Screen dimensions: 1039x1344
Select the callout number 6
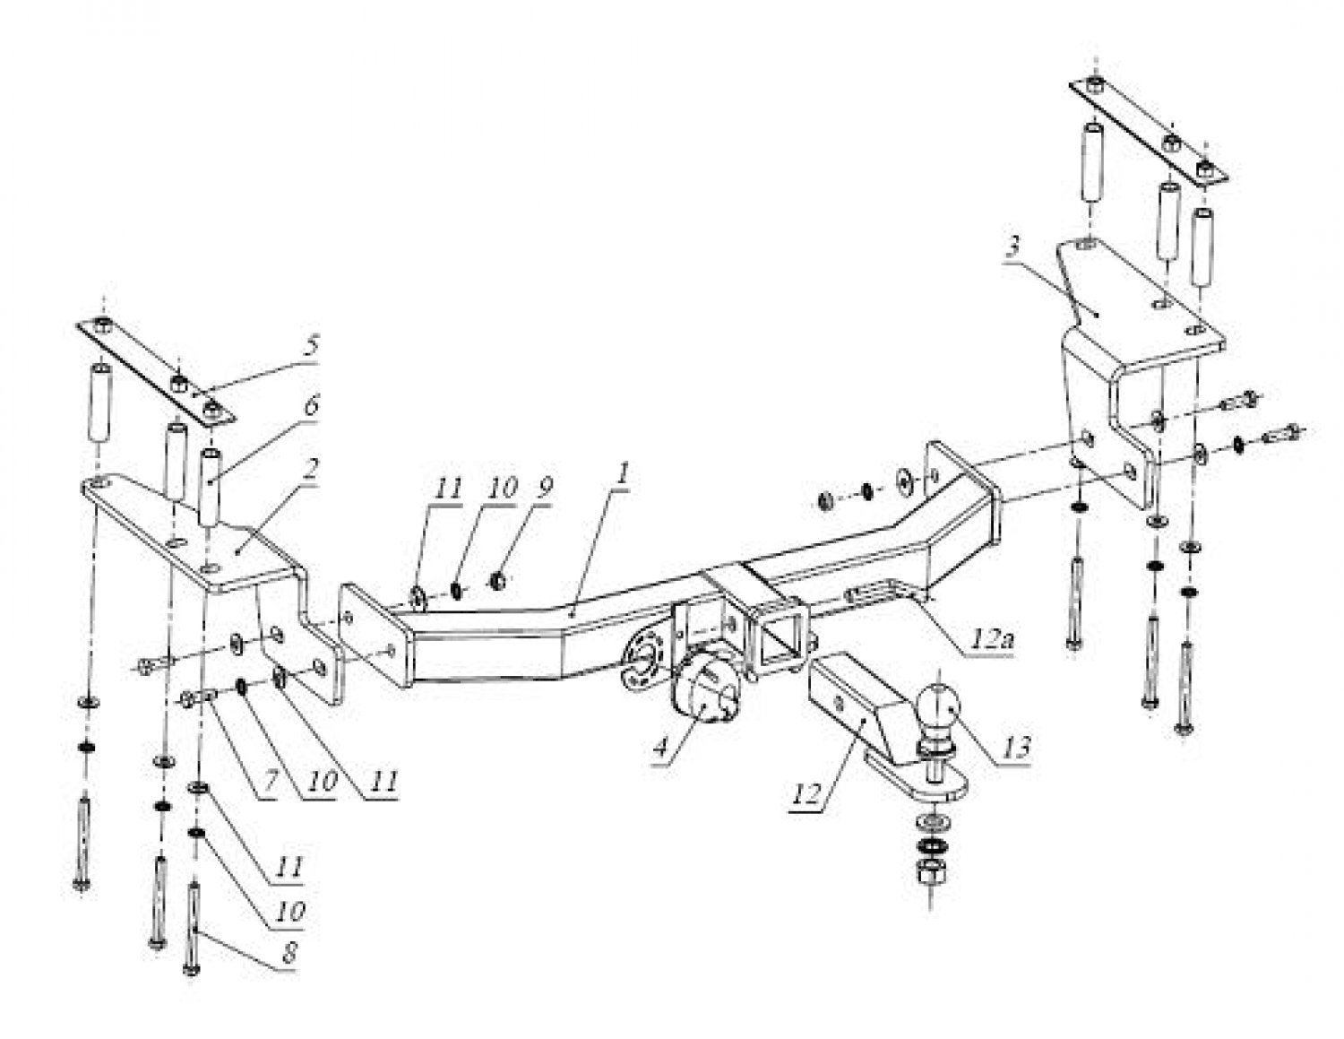click(311, 406)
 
